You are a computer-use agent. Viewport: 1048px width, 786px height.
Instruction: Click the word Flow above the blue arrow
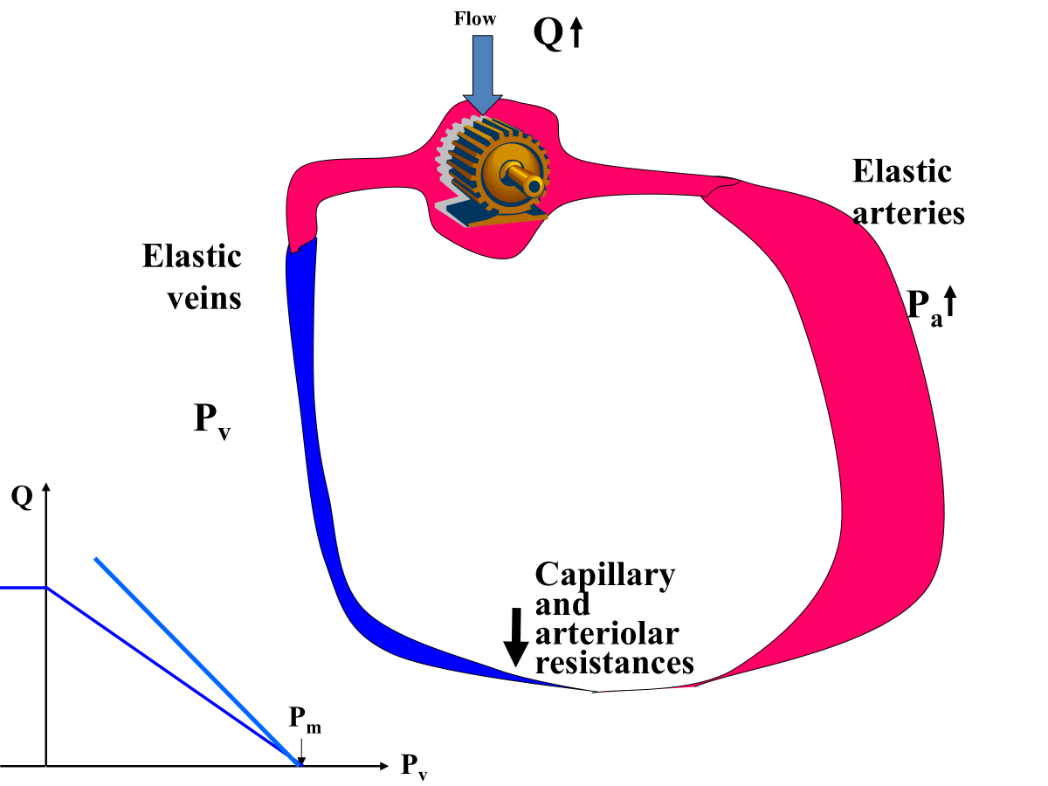coord(475,17)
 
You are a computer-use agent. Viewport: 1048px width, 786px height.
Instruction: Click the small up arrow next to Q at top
coord(576,34)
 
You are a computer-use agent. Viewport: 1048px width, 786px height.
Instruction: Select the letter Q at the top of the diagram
coord(548,35)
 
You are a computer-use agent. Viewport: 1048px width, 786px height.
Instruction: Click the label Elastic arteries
coord(908,192)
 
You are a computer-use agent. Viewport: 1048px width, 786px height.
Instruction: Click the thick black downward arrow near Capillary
coord(516,638)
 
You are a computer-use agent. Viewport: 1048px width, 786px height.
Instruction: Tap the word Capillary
coord(604,575)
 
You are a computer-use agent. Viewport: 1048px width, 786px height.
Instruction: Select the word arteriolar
coord(606,633)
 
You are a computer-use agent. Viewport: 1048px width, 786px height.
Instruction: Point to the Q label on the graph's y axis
coord(22,497)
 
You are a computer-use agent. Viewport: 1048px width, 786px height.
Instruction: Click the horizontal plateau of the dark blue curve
coord(23,588)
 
